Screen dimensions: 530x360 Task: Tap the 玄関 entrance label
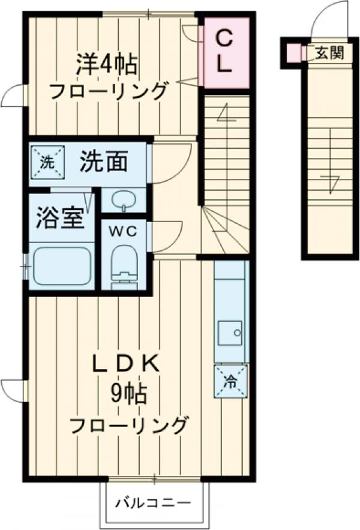click(329, 53)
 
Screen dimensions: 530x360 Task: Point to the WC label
click(124, 229)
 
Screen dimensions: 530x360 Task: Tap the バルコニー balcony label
click(153, 502)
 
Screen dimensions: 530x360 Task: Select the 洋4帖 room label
click(106, 64)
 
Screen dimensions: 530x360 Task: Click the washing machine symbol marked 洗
click(46, 162)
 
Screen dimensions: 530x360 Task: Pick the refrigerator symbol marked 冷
click(230, 381)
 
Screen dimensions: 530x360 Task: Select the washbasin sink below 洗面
click(124, 200)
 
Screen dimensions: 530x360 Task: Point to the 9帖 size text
click(128, 394)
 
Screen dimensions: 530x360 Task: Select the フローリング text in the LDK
click(128, 426)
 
